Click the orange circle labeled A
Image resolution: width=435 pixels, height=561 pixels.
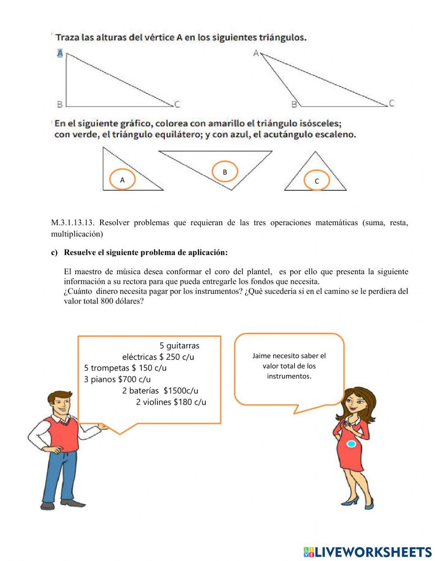tap(122, 179)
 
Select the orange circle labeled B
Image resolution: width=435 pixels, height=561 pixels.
tap(225, 172)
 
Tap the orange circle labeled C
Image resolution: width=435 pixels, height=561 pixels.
tap(317, 181)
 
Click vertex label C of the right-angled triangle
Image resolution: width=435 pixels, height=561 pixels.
tap(177, 104)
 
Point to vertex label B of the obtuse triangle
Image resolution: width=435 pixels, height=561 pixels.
tap(294, 104)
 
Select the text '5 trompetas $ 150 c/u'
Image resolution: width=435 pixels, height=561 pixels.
tap(125, 368)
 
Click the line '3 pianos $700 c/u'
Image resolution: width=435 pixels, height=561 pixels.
tap(117, 379)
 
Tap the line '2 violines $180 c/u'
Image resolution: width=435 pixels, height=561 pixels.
tap(171, 402)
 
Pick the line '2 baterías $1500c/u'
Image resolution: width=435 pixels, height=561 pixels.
tap(160, 391)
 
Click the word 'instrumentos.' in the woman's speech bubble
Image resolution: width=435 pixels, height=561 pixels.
tap(289, 376)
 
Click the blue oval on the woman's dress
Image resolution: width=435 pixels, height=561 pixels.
tap(351, 444)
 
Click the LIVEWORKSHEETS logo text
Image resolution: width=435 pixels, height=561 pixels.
tap(372, 552)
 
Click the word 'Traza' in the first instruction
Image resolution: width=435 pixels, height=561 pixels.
tap(68, 38)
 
